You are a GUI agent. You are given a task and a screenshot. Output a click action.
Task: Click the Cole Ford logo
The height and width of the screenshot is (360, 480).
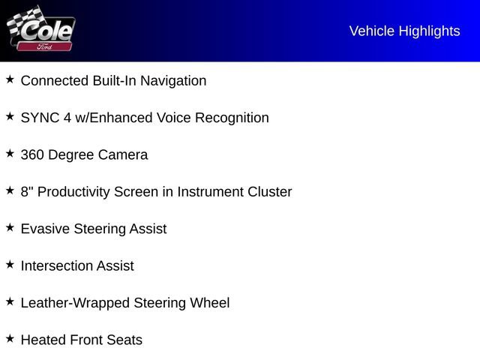pyautogui.click(x=41, y=29)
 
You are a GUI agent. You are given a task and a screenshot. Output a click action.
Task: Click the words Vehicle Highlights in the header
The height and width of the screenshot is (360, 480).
pyautogui.click(x=404, y=31)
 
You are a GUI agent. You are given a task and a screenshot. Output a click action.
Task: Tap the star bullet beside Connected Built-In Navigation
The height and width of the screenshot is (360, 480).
pyautogui.click(x=10, y=79)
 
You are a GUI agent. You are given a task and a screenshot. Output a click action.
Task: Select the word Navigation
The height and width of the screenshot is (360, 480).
pyautogui.click(x=173, y=81)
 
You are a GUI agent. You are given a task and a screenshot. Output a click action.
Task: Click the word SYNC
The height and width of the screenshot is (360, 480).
pyautogui.click(x=40, y=118)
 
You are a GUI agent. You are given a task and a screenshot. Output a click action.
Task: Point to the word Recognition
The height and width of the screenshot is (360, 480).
pyautogui.click(x=232, y=118)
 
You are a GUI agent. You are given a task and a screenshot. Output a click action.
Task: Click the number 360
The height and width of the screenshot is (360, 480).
pyautogui.click(x=32, y=155)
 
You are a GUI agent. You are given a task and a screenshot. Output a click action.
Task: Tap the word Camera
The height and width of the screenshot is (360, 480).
pyautogui.click(x=123, y=155)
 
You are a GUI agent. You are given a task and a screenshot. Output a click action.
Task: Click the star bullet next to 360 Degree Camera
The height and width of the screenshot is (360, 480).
pyautogui.click(x=10, y=153)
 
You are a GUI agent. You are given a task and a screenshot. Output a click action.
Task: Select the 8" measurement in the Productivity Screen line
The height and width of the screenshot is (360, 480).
pyautogui.click(x=27, y=192)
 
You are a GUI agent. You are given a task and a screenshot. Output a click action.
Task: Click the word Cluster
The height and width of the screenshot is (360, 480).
pyautogui.click(x=270, y=192)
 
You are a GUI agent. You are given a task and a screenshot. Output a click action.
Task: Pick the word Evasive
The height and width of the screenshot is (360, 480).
pyautogui.click(x=45, y=229)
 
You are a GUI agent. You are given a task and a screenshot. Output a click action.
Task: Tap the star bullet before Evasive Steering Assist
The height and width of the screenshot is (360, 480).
pyautogui.click(x=10, y=227)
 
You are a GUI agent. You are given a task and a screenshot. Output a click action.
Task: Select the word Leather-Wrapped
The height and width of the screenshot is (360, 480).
pyautogui.click(x=75, y=303)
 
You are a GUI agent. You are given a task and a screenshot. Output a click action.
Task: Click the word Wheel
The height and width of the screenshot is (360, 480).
pyautogui.click(x=209, y=303)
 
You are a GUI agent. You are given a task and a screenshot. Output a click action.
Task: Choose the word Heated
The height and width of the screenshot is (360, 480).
pyautogui.click(x=43, y=340)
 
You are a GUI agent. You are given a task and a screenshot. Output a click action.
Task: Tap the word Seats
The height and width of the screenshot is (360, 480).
pyautogui.click(x=124, y=340)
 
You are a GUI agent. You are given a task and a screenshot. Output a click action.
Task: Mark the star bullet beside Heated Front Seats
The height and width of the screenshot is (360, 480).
pyautogui.click(x=10, y=338)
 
